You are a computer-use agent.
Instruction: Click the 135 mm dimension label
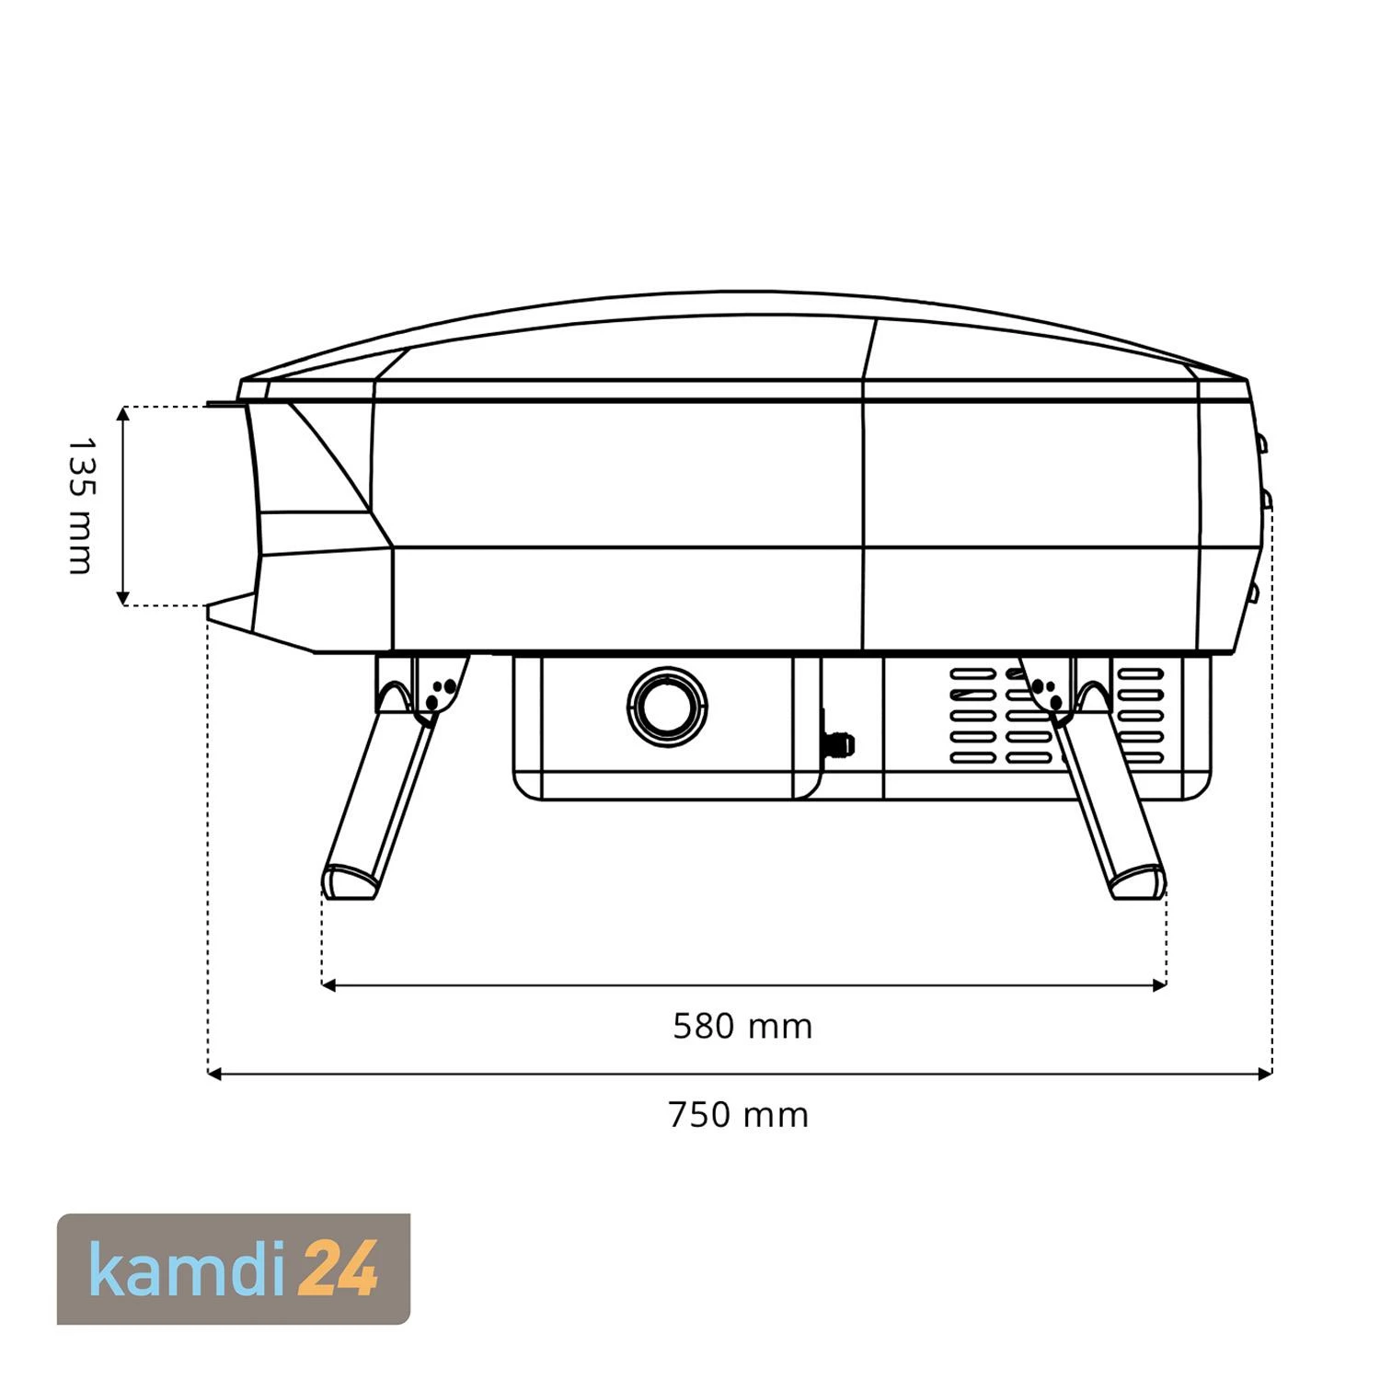point(81,506)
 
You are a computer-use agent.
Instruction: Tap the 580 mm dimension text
point(742,1026)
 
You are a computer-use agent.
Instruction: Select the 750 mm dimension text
point(739,1115)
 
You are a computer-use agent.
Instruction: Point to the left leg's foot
point(350,881)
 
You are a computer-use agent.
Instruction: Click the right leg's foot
point(1139,881)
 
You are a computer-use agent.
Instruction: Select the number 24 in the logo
point(339,1270)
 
